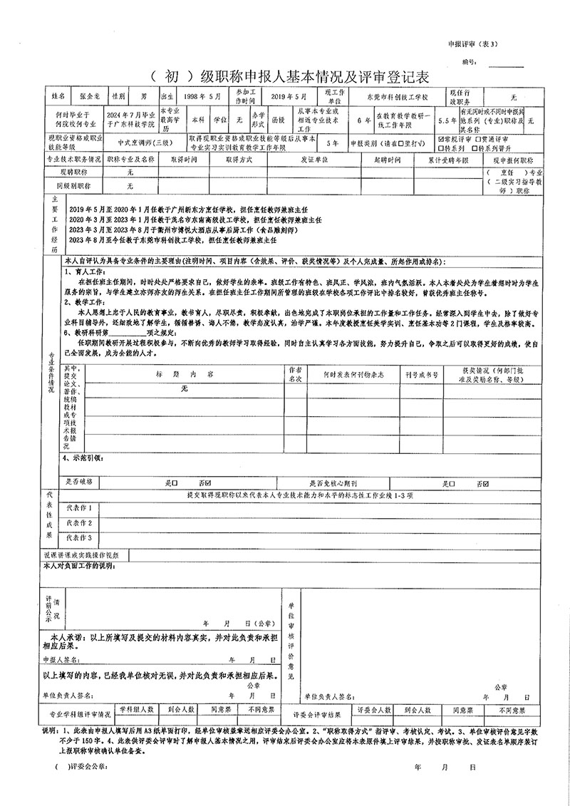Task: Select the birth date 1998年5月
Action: tap(202, 95)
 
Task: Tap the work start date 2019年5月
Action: tap(288, 95)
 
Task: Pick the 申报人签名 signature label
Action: tap(68, 660)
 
